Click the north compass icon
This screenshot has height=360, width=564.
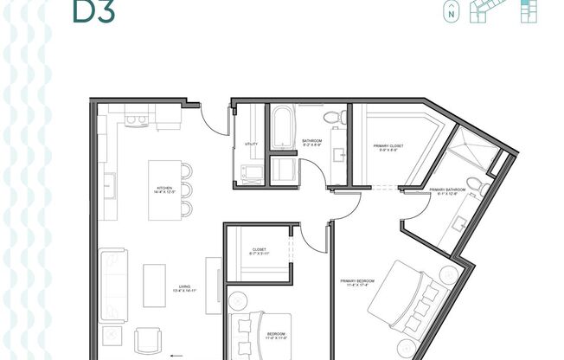point(450,12)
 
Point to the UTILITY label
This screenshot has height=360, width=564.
point(251,144)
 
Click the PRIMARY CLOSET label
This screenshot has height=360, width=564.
point(388,146)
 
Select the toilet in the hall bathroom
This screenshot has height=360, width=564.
point(330,118)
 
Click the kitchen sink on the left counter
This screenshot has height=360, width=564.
point(111,184)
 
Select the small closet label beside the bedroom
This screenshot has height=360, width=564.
point(260,251)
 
